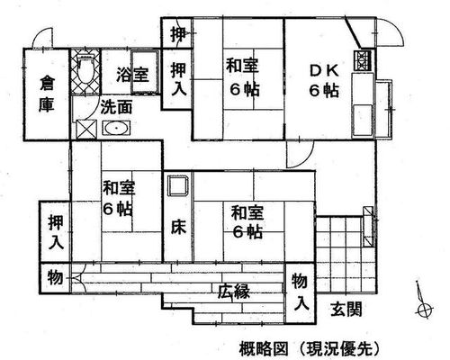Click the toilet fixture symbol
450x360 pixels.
click(x=85, y=69)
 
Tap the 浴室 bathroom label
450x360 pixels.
click(x=132, y=75)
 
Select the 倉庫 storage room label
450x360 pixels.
click(x=47, y=94)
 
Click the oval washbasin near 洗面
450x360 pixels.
click(x=116, y=128)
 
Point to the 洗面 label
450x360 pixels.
click(x=117, y=107)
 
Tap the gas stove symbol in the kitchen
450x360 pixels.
click(x=364, y=60)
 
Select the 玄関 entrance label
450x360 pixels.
click(x=346, y=309)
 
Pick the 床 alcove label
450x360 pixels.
click(x=179, y=227)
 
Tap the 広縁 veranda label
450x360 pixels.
click(x=234, y=292)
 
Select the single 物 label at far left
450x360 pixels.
click(x=56, y=277)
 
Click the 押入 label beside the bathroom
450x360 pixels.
click(x=178, y=78)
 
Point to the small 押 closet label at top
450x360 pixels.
click(x=178, y=34)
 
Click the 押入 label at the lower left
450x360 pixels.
click(x=57, y=232)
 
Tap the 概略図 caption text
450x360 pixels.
click(x=264, y=349)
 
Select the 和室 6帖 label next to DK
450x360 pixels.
click(x=242, y=77)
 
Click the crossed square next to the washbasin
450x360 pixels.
click(x=86, y=130)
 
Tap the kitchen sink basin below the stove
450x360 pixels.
click(x=363, y=121)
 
